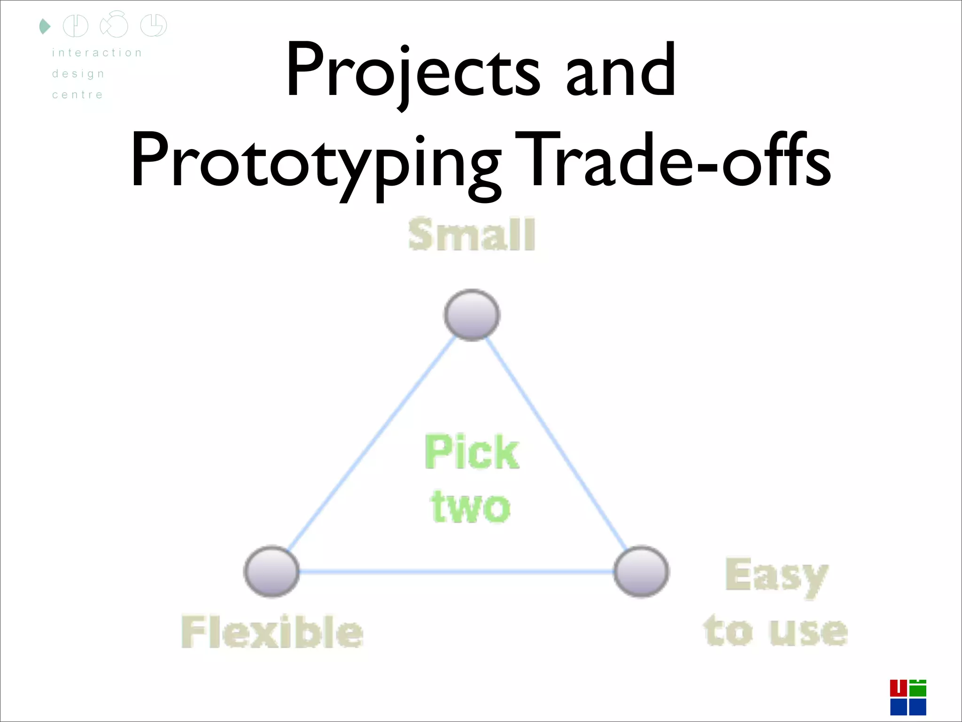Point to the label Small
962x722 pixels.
pos(472,234)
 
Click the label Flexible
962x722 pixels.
pos(272,632)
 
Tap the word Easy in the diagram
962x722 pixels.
pos(776,576)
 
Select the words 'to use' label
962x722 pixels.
pos(776,631)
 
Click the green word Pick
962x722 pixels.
pos(472,452)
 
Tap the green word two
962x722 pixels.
pos(471,507)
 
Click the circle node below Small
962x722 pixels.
pos(472,314)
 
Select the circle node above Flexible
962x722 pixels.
pos(272,571)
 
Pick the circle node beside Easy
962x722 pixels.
pos(641,571)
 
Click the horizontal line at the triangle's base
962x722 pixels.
pos(456,572)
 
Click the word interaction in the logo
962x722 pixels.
pos(97,53)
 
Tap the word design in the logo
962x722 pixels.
pos(78,74)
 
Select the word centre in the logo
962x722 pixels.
pos(78,94)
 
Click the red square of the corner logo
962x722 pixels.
pos(898,688)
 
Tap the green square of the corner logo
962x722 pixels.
pos(918,689)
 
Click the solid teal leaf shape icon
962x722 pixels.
pos(45,26)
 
